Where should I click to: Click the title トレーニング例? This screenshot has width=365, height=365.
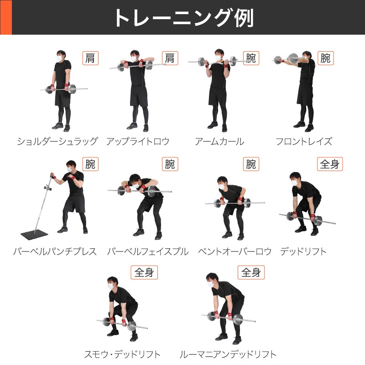coord(183,18)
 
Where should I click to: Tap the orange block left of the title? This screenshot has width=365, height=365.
coord(5,17)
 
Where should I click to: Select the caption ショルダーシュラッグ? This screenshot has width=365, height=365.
coord(57,141)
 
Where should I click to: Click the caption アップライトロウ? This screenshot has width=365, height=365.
coord(138,141)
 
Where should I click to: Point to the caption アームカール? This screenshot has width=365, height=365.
coord(219,141)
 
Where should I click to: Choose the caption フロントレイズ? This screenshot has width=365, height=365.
coord(304,141)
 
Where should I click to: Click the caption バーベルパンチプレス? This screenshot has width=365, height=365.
coord(55,251)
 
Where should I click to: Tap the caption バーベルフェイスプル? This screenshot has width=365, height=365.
coord(148,251)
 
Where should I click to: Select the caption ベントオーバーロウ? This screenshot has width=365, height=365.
coord(235,251)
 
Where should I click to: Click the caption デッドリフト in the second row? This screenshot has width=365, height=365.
coord(303,251)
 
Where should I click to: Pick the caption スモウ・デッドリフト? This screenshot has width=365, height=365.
coord(122,354)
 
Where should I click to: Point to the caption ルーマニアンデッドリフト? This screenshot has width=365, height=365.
coord(228,354)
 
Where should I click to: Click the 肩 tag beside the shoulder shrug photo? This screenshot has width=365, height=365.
coord(91,58)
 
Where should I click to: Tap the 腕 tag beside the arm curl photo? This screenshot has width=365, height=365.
coord(251,58)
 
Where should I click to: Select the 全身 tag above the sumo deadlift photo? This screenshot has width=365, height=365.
coord(145,273)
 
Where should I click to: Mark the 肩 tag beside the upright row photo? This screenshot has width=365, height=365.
coord(170,58)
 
